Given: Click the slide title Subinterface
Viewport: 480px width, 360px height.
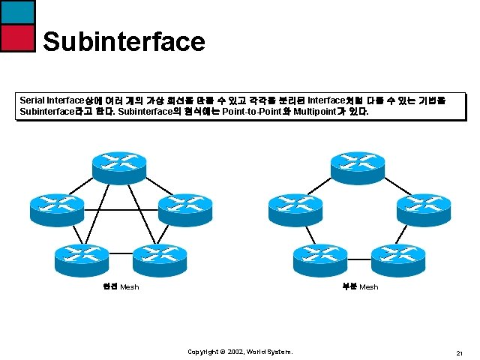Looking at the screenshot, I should point(124,40).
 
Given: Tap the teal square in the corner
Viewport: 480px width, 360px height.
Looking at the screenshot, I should point(17,11).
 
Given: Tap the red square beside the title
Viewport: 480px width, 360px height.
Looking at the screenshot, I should point(17,37).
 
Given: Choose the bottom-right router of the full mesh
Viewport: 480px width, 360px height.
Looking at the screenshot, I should point(159,256).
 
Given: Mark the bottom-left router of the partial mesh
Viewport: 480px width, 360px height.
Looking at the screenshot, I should point(319,256).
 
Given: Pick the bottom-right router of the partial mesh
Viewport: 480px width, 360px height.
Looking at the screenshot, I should point(397,256).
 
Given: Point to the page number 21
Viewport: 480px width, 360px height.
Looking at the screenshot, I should point(458,352).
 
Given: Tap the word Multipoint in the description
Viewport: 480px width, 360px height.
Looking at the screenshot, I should point(318,111).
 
